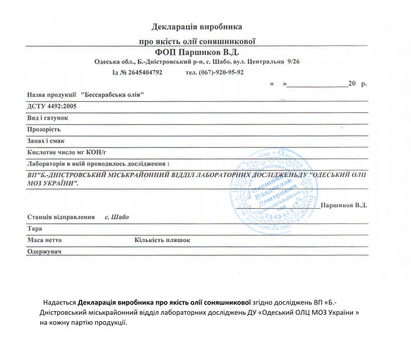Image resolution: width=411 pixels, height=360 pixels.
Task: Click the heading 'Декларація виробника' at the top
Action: (x=197, y=26)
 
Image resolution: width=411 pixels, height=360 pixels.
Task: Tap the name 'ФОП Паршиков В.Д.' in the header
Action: (x=197, y=52)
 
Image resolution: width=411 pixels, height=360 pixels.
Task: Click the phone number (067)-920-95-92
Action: (x=222, y=73)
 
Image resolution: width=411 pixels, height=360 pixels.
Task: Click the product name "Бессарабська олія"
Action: (x=113, y=95)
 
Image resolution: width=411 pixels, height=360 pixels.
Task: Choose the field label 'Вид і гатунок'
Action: (x=48, y=118)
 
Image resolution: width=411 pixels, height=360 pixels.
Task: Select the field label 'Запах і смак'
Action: (x=46, y=141)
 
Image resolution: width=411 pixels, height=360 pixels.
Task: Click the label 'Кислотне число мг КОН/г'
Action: (x=66, y=153)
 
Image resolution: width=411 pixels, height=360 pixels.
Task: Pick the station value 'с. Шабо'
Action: (x=117, y=217)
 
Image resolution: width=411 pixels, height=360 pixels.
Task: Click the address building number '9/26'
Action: (x=294, y=62)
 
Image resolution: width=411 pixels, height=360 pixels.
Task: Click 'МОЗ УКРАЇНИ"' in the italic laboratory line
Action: (x=53, y=184)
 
